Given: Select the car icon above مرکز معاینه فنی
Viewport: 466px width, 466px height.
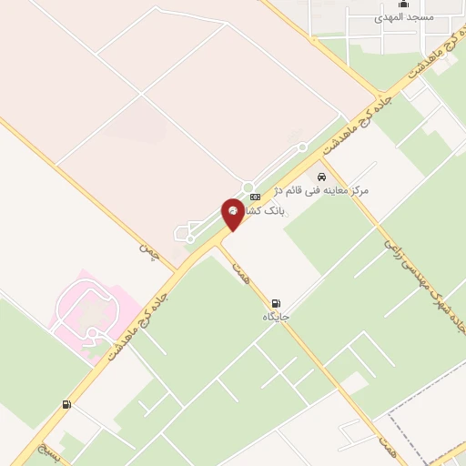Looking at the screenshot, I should click(x=321, y=177).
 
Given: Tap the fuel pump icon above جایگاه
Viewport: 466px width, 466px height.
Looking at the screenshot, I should click(x=276, y=302).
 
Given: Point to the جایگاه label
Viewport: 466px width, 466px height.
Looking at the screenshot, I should click(x=276, y=317).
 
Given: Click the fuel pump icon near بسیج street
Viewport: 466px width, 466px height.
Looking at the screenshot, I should click(x=66, y=404).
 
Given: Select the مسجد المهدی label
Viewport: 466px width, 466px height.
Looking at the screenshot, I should click(x=404, y=17).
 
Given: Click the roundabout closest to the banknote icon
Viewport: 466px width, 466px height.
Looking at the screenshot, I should click(x=248, y=187).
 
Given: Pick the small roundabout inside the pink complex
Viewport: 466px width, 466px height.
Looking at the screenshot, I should click(x=93, y=332).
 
